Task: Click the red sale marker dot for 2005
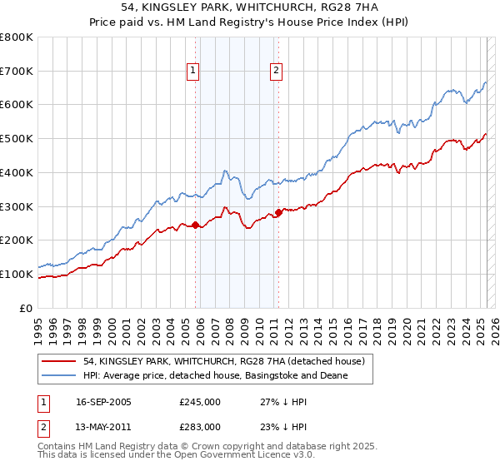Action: (x=196, y=225)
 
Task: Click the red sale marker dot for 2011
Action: (x=278, y=212)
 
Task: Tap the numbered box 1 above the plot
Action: (x=192, y=72)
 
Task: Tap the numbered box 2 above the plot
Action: (x=275, y=72)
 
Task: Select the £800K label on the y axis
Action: (x=17, y=37)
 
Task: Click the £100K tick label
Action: (x=17, y=274)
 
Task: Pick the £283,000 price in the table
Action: (x=199, y=427)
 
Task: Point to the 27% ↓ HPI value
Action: (x=285, y=402)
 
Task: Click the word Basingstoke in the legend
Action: (x=271, y=376)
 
